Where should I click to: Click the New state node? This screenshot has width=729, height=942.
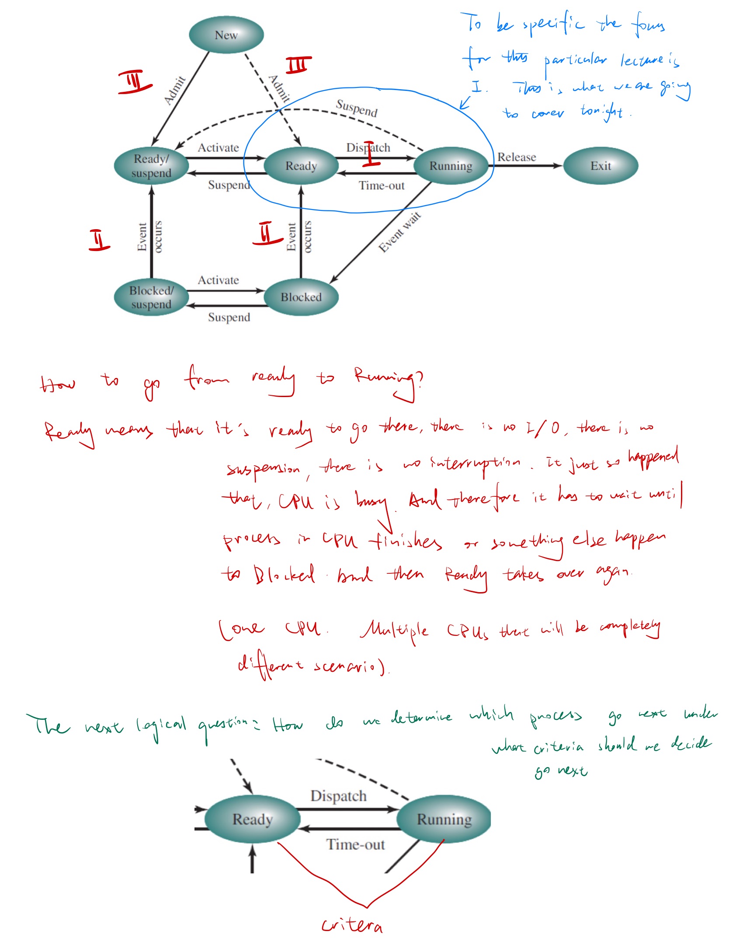click(x=226, y=35)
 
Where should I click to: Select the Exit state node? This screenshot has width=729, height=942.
click(x=601, y=166)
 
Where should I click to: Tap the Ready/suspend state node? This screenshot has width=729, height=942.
click(x=151, y=166)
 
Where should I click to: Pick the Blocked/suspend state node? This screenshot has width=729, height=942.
click(x=151, y=297)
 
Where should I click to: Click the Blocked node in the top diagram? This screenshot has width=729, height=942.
click(x=301, y=297)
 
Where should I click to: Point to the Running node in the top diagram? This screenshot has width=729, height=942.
click(x=451, y=166)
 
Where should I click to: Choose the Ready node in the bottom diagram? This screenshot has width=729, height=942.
click(x=252, y=819)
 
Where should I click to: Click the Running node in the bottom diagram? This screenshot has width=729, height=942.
click(x=444, y=819)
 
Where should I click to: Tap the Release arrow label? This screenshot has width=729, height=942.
click(x=517, y=157)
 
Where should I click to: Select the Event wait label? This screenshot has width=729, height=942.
click(x=399, y=232)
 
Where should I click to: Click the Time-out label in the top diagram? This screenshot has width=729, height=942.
click(x=382, y=186)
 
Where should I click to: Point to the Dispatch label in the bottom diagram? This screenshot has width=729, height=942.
click(x=338, y=795)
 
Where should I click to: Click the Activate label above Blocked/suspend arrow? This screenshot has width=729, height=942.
click(x=218, y=280)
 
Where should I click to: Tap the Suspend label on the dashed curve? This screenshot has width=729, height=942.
click(x=357, y=108)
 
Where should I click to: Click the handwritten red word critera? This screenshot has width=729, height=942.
click(x=352, y=925)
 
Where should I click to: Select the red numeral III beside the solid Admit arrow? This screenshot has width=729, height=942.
click(x=135, y=81)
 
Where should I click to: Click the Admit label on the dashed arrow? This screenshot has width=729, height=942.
click(x=280, y=89)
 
